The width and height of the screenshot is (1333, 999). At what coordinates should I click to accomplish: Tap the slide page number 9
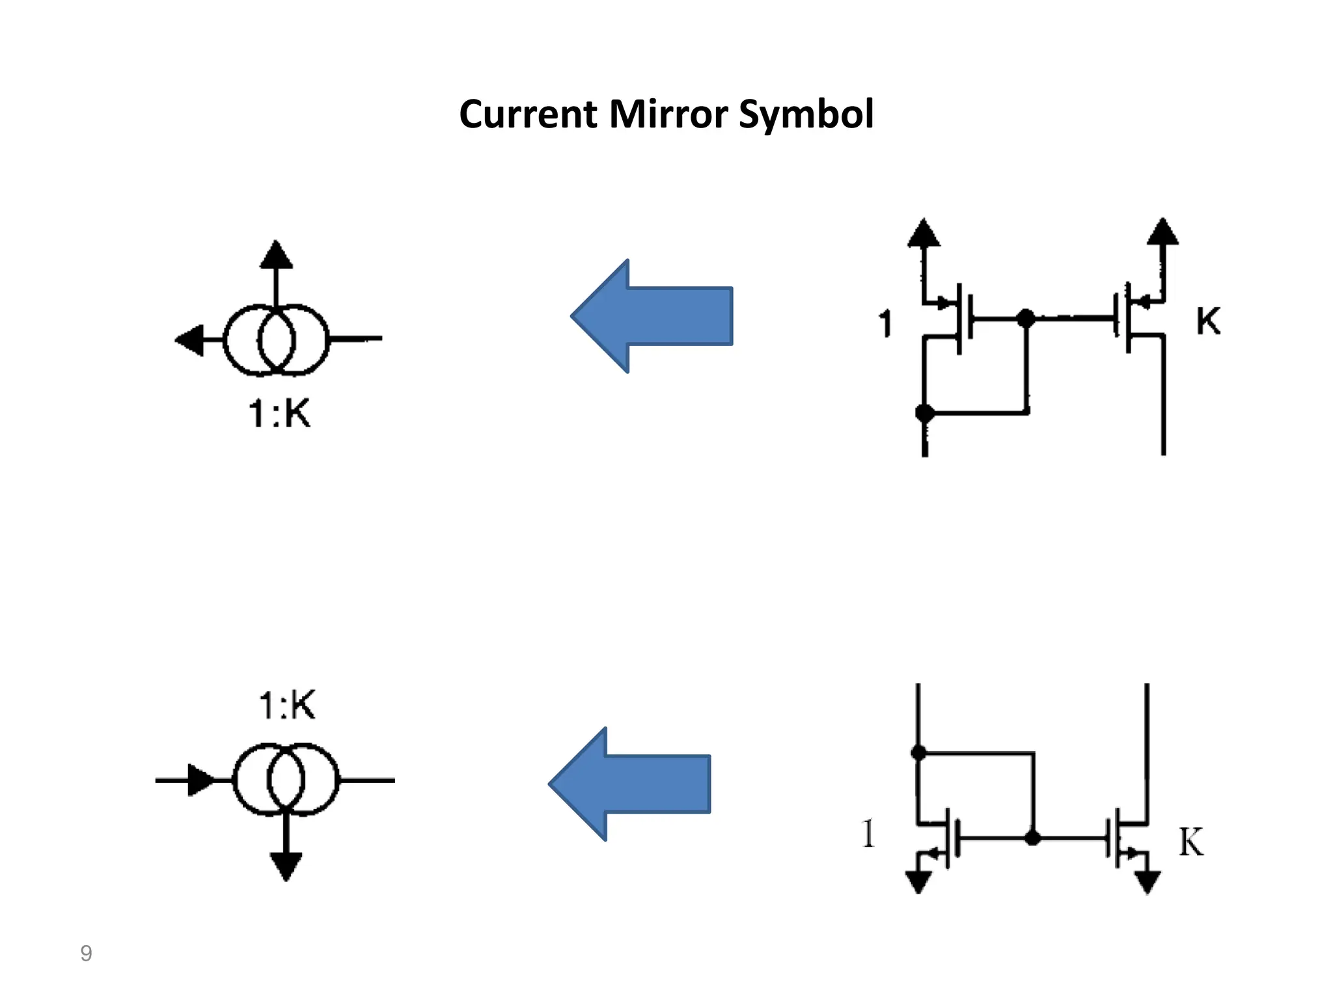tap(86, 953)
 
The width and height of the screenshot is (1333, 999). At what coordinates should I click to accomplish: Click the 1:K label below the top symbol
tap(280, 413)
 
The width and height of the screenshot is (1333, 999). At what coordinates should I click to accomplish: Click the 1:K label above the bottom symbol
tap(287, 704)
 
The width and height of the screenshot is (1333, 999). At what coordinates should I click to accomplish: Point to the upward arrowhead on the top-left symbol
tap(276, 255)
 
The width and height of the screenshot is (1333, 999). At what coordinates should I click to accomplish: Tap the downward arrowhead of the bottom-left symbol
tap(286, 866)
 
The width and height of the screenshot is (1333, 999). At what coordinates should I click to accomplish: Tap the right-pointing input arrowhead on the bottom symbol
tap(200, 779)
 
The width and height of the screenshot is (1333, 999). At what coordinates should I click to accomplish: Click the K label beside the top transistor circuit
tap(1208, 321)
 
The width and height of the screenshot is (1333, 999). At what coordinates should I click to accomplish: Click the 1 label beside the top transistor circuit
tap(885, 323)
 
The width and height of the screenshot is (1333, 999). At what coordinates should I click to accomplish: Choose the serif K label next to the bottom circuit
tap(1191, 842)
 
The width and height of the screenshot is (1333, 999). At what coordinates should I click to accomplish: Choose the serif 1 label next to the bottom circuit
tap(868, 833)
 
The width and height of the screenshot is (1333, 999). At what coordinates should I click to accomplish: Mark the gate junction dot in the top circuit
tap(1026, 318)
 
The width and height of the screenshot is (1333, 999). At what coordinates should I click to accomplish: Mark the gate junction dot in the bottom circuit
tap(1032, 838)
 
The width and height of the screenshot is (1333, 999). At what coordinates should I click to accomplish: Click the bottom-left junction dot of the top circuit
tap(924, 412)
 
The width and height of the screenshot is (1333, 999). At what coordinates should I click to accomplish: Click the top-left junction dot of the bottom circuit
tap(918, 753)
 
